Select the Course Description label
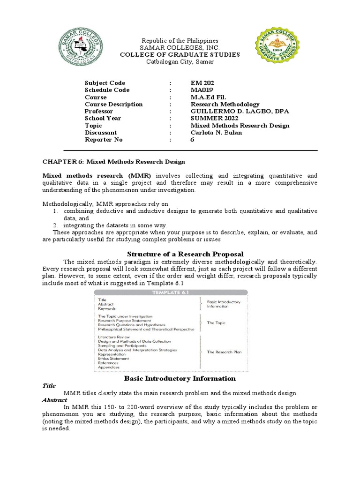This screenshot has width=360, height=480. click(x=113, y=104)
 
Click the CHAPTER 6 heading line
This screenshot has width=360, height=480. click(x=114, y=162)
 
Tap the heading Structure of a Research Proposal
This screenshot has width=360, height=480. click(x=180, y=254)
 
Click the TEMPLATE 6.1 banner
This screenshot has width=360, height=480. click(x=171, y=292)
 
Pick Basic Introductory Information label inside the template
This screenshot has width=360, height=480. click(x=224, y=304)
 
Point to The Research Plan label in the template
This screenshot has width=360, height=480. click(x=225, y=352)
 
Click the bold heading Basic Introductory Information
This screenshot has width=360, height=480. click(x=180, y=378)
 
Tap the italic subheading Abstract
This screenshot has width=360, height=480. click(x=55, y=400)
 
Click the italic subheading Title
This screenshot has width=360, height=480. click(x=49, y=386)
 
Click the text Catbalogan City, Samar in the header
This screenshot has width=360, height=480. click(x=180, y=62)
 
